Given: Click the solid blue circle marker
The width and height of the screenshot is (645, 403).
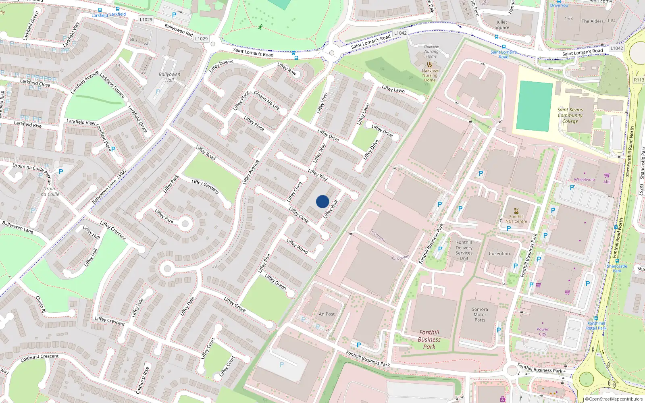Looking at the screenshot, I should (322, 201).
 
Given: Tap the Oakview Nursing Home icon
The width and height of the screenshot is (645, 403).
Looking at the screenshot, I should (430, 64).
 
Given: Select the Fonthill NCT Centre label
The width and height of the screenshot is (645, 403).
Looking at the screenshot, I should (516, 219).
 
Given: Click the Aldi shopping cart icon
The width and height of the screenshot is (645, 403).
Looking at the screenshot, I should (607, 175).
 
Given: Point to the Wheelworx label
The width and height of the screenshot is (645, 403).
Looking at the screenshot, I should (584, 180).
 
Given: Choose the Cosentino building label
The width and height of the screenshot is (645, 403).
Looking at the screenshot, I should (499, 253).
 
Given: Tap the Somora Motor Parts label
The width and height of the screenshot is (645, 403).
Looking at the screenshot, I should (480, 315).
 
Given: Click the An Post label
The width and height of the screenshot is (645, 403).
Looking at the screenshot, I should (327, 314).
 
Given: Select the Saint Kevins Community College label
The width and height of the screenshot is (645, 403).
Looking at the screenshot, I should (570, 115).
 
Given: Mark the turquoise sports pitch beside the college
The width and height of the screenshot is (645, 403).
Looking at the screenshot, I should (534, 106).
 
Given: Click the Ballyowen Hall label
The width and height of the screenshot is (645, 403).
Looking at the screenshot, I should (169, 77).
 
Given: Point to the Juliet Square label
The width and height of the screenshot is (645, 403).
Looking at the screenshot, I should (502, 25).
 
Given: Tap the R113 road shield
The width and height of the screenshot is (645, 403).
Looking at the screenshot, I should (639, 80).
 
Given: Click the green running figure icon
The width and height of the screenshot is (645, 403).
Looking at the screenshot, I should (260, 27).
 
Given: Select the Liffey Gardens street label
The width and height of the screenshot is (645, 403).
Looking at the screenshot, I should (205, 187).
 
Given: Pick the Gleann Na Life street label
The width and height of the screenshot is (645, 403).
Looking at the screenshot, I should (266, 100).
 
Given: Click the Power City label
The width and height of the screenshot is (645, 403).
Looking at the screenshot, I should (543, 332).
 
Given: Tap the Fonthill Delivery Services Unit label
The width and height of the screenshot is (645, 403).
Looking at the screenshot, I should (464, 250).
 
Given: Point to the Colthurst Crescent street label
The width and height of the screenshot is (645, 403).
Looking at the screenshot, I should (40, 357).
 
